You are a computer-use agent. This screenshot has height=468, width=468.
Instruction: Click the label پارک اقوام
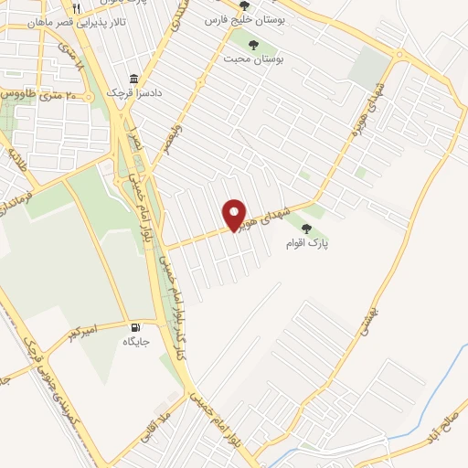click(x=305, y=244)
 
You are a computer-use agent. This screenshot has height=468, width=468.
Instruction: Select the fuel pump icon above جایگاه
click(x=137, y=326)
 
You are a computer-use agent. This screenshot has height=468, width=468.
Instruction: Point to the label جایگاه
click(x=136, y=341)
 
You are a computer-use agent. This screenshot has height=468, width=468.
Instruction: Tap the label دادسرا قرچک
click(x=133, y=92)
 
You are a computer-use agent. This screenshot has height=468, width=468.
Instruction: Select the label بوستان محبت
click(x=254, y=58)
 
